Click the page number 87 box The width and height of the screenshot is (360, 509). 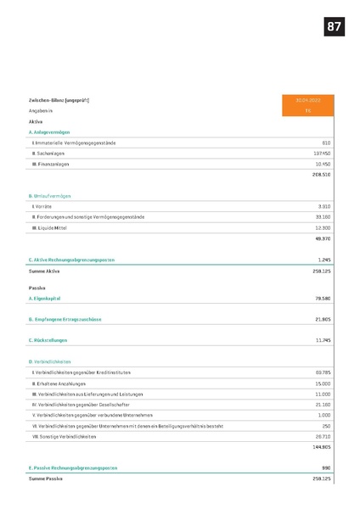coord(334,27)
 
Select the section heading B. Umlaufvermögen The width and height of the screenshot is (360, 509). coord(50,195)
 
